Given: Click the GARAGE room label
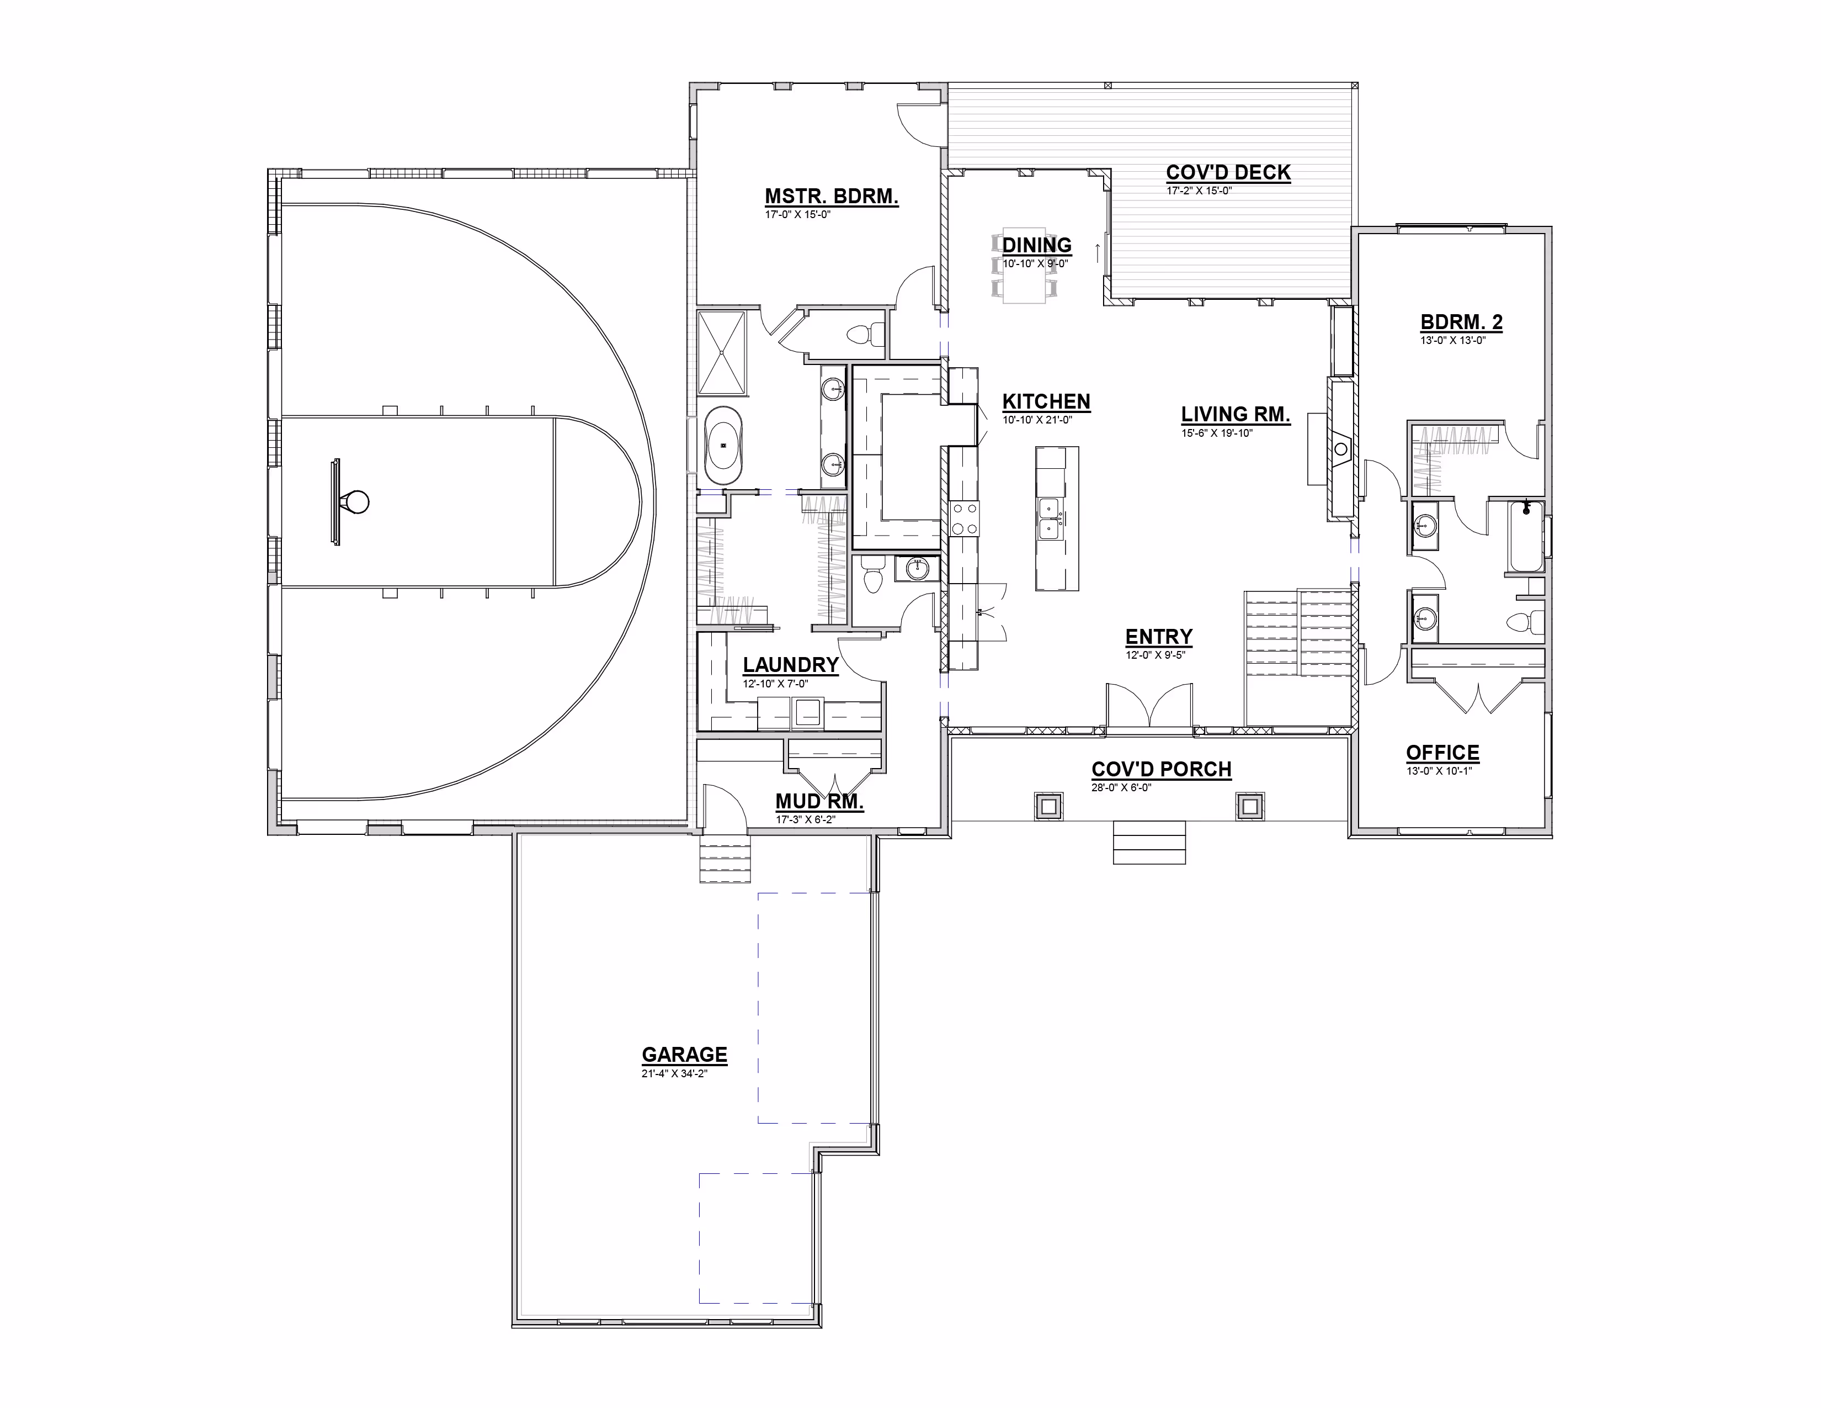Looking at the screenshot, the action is click(x=685, y=1055).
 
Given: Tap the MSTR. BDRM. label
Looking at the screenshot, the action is click(x=831, y=197).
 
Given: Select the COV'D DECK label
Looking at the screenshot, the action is click(x=1228, y=173).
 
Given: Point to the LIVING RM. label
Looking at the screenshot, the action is click(x=1236, y=415).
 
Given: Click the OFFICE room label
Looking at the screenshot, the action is click(x=1442, y=753).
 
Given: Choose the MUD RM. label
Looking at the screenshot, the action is click(x=819, y=802).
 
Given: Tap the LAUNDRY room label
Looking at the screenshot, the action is click(x=790, y=665).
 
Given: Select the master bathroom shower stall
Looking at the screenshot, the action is click(x=721, y=352).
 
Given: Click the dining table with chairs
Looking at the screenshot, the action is click(x=1024, y=265).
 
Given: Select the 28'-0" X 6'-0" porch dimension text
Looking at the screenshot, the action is click(x=1121, y=787).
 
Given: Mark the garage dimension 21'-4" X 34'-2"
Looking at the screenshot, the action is click(x=674, y=1073).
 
